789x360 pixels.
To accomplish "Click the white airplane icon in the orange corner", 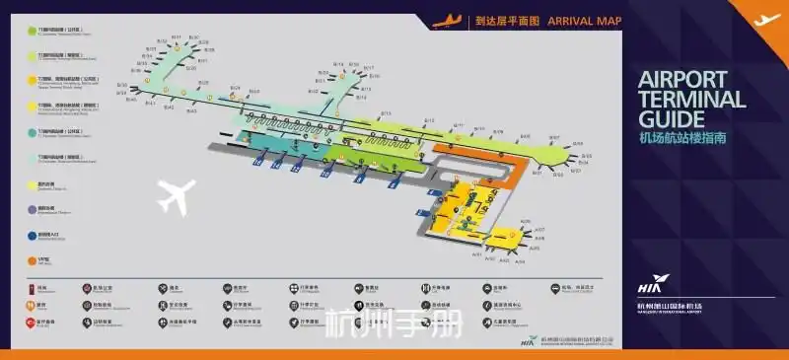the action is pos(766,19).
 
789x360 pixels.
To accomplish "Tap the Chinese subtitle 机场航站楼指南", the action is pos(683,139).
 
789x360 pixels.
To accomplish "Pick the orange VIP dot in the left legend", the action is pos(31,260).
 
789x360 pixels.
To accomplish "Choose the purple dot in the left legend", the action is pos(31,209).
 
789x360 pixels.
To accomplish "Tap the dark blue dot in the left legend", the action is pos(31,236).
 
